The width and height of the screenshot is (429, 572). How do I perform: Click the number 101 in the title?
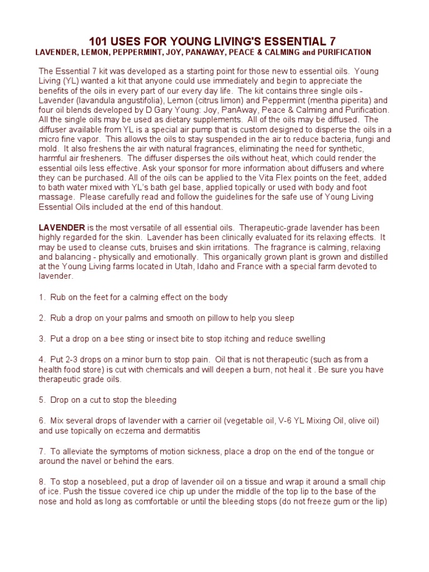pyautogui.click(x=98, y=41)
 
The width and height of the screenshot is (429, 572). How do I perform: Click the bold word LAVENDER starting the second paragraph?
pyautogui.click(x=61, y=227)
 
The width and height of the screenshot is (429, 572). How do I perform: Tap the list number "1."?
pyautogui.click(x=42, y=297)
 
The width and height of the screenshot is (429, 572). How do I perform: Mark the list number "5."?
pyautogui.click(x=42, y=400)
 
